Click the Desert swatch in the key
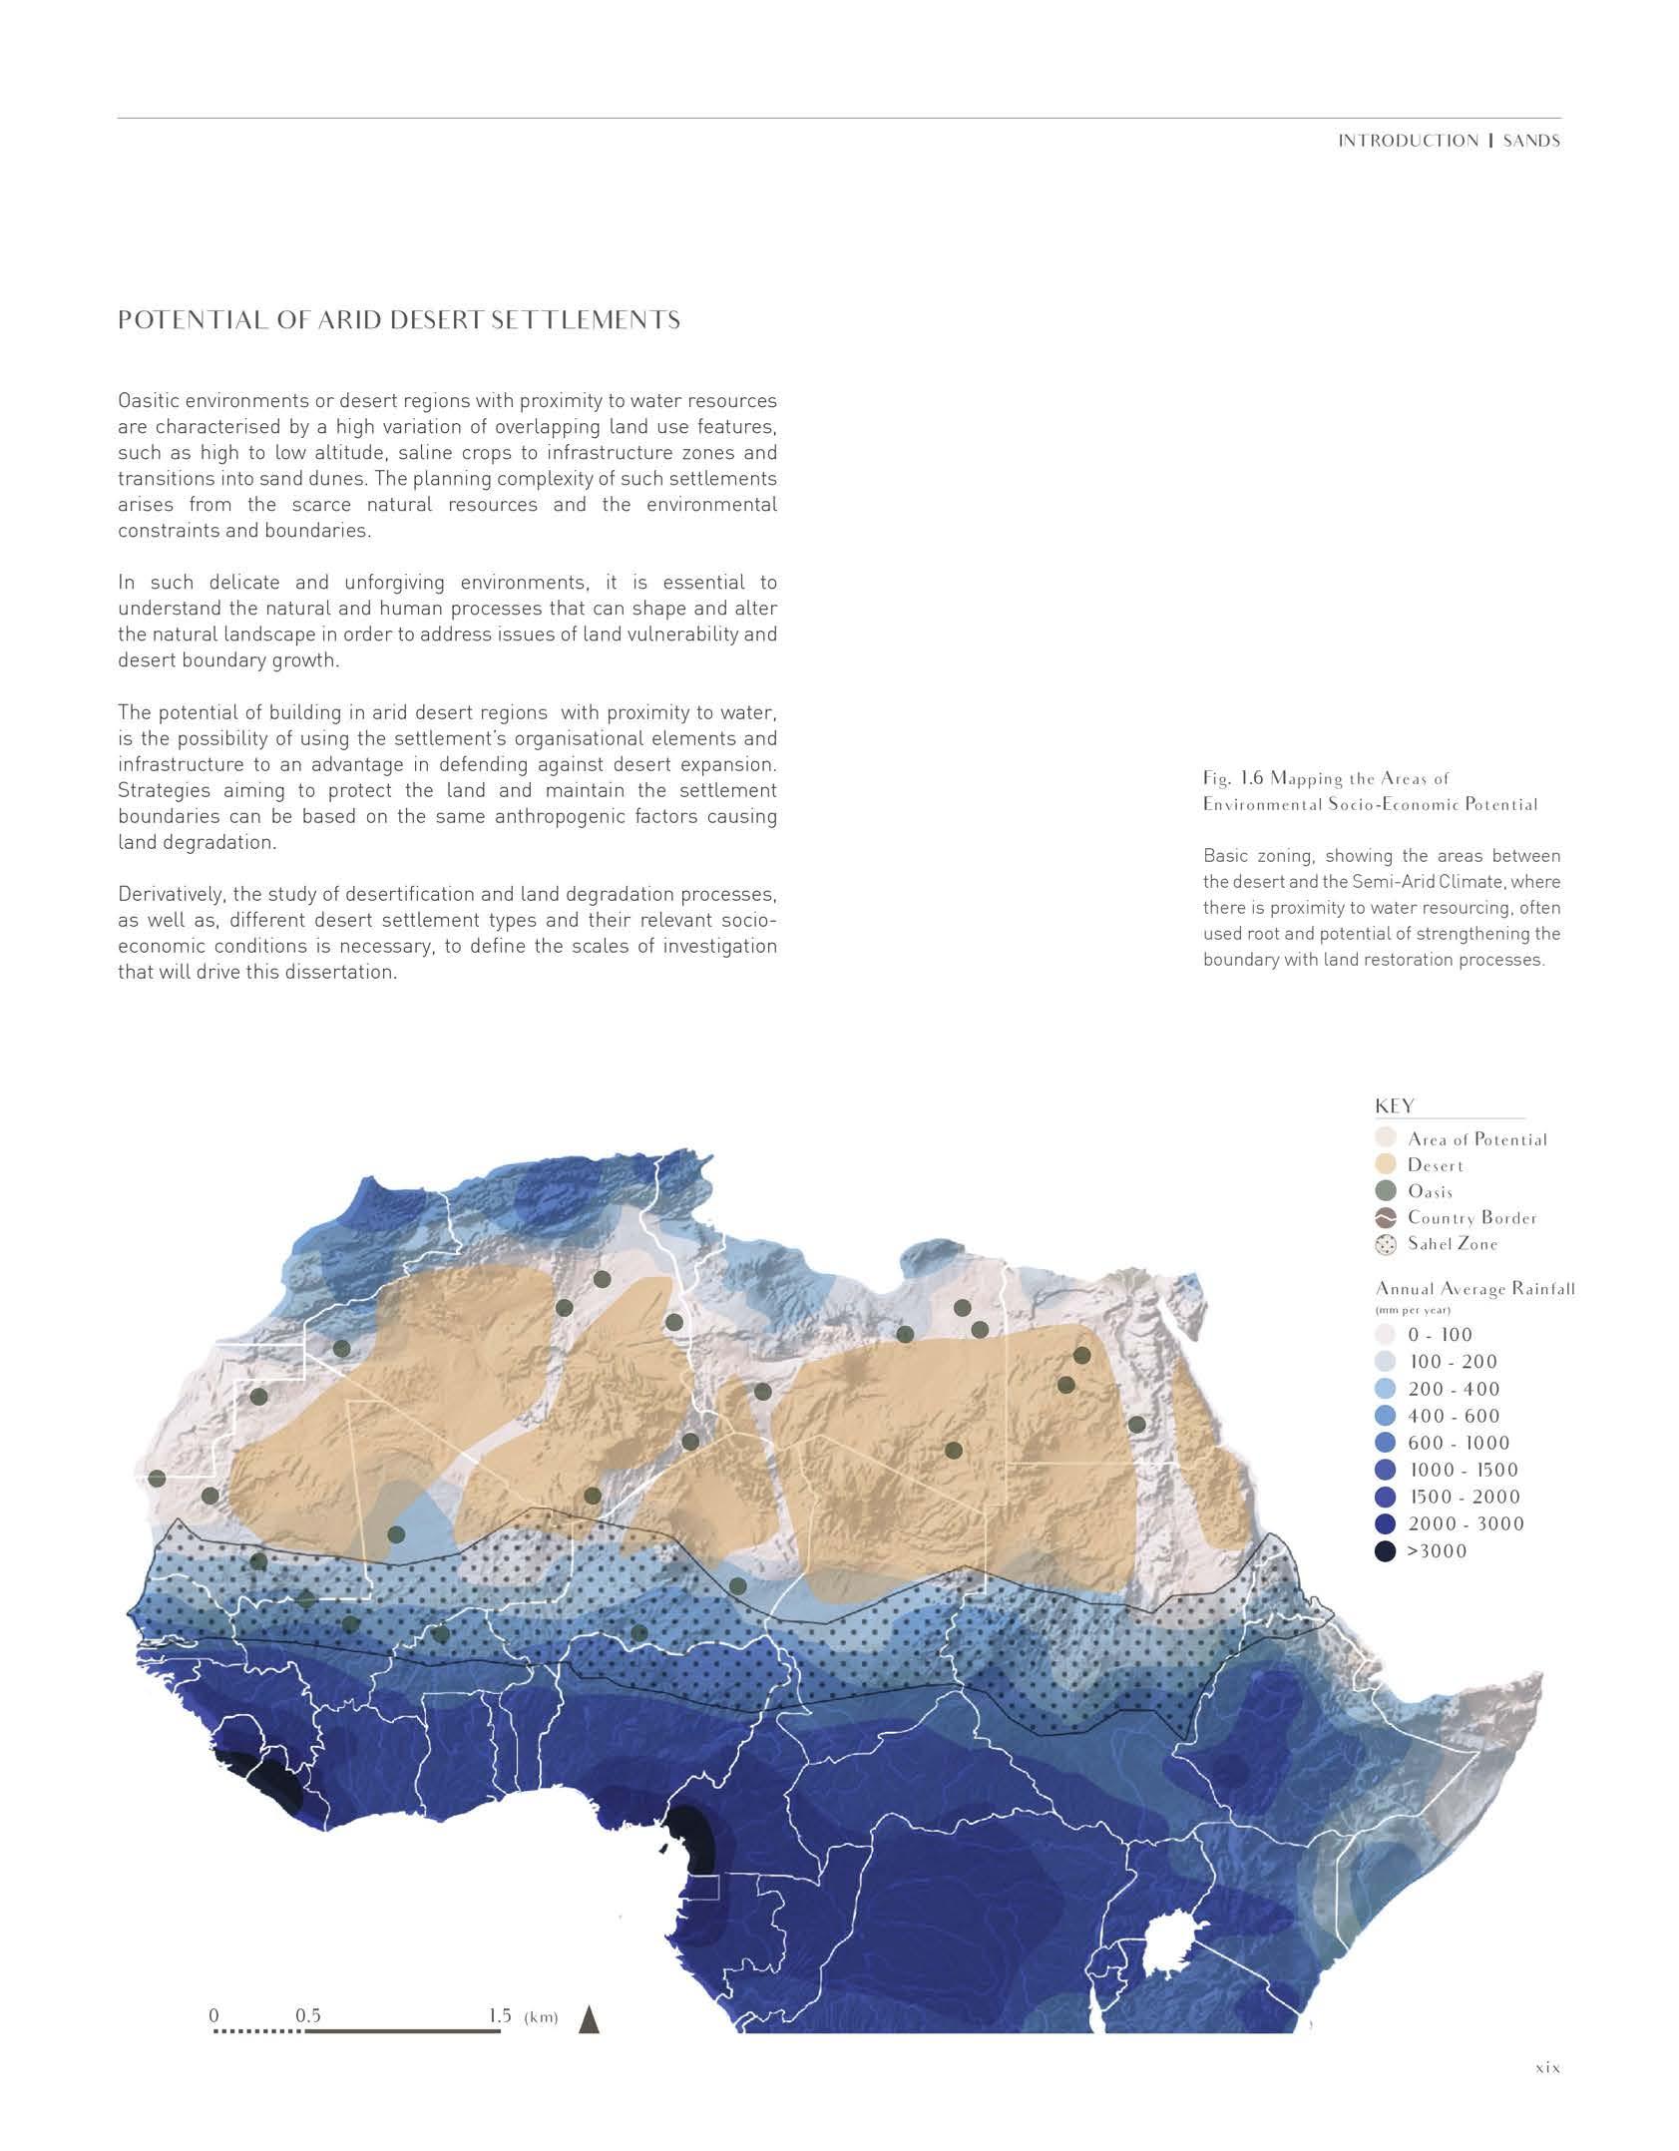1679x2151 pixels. coord(1385,1164)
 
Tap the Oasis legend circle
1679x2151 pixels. coord(1385,1190)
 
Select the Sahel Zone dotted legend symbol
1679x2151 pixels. coord(1385,1244)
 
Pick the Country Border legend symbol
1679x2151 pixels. coord(1385,1217)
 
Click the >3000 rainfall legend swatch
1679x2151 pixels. coord(1385,1550)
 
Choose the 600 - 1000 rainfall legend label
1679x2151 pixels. coord(1459,1443)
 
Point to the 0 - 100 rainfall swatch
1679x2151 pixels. coord(1385,1335)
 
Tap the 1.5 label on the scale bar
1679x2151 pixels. coord(499,2014)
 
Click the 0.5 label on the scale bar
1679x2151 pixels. coord(308,2014)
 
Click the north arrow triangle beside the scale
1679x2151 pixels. coord(589,2018)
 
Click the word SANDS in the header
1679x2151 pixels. coord(1531,141)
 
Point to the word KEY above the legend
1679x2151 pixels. coord(1395,1105)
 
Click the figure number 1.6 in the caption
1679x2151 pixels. coord(1251,778)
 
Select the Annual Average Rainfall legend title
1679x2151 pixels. coord(1474,1288)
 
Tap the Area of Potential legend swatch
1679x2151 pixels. coord(1385,1137)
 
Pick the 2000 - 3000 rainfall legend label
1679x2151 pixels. coord(1466,1523)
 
